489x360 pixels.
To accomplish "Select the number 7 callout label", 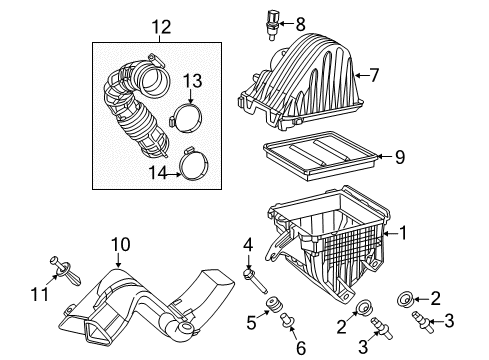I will point(375,74).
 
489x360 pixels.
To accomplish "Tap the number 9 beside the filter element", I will point(399,156).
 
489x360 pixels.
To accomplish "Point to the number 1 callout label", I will point(403,234).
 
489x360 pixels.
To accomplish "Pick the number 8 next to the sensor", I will point(300,22).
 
